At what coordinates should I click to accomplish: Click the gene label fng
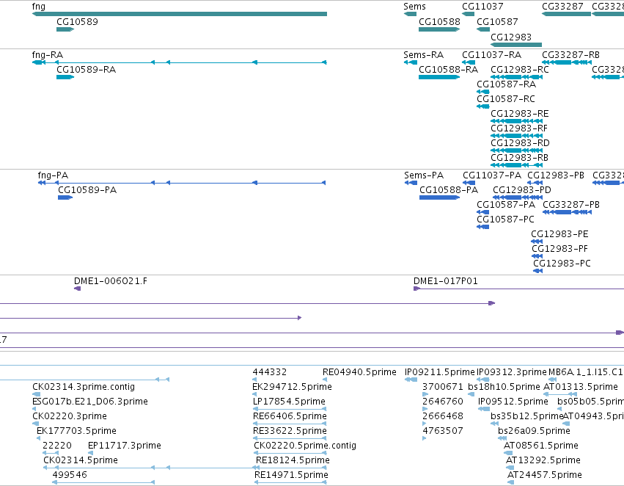[x=39, y=7]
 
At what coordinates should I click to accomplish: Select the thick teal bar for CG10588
[x=439, y=29]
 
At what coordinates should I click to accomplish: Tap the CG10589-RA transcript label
[x=86, y=70]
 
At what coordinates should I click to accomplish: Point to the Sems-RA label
[x=423, y=55]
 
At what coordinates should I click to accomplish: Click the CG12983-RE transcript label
[x=520, y=114]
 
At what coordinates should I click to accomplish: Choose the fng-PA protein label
[x=53, y=175]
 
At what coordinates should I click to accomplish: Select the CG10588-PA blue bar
[x=439, y=197]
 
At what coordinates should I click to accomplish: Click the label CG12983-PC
[x=562, y=264]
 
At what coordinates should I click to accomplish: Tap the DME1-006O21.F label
[x=111, y=281]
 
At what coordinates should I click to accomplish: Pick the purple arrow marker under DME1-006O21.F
[x=77, y=289]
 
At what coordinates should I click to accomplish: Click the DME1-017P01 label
[x=445, y=281]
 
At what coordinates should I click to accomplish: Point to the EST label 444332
[x=269, y=372]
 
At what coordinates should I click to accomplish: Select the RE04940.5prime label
[x=359, y=372]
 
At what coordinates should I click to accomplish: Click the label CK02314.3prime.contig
[x=84, y=387]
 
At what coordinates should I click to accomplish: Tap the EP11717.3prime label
[x=125, y=446]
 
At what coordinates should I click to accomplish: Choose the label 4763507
[x=443, y=431]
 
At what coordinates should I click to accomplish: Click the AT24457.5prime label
[x=544, y=475]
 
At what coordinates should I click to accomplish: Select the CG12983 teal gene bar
[x=516, y=45]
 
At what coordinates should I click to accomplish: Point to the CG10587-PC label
[x=505, y=220]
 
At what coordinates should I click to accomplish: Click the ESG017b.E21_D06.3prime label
[x=90, y=402]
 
